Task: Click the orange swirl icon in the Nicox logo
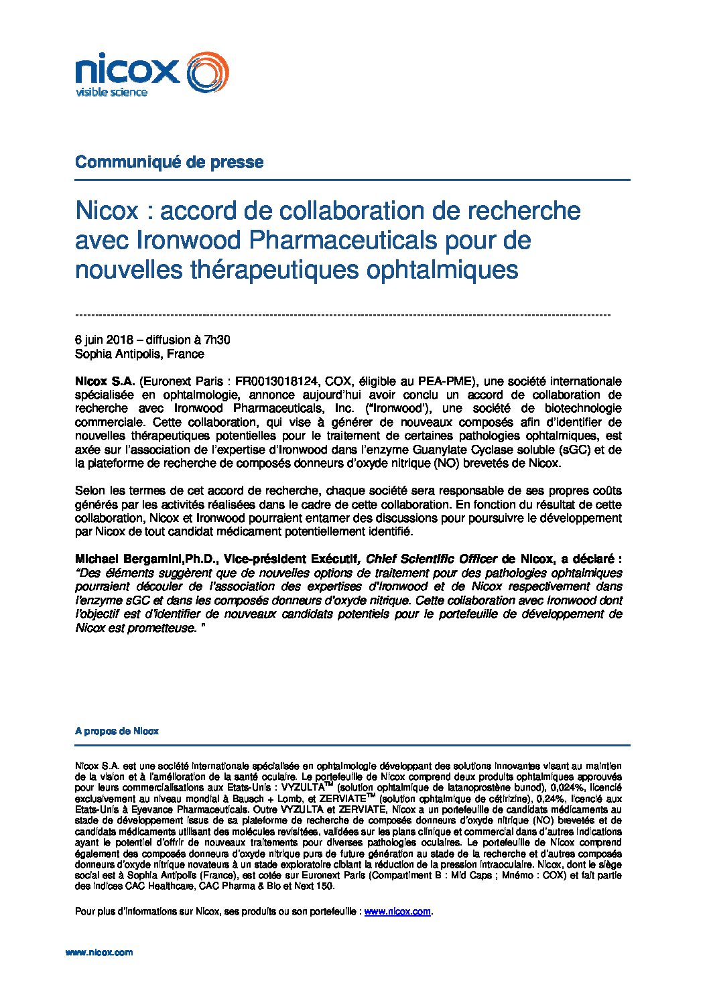tap(206, 72)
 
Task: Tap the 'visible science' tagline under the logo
tap(111, 92)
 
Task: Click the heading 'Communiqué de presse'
tap(169, 162)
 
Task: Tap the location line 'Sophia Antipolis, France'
tap(139, 354)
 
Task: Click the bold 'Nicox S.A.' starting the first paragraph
tap(105, 381)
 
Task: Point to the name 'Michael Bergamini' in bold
tap(121, 559)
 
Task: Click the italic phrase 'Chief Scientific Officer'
tap(432, 559)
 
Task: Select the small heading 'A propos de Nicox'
tap(117, 731)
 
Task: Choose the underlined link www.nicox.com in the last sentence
tap(397, 911)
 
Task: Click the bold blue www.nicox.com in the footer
tap(99, 952)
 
